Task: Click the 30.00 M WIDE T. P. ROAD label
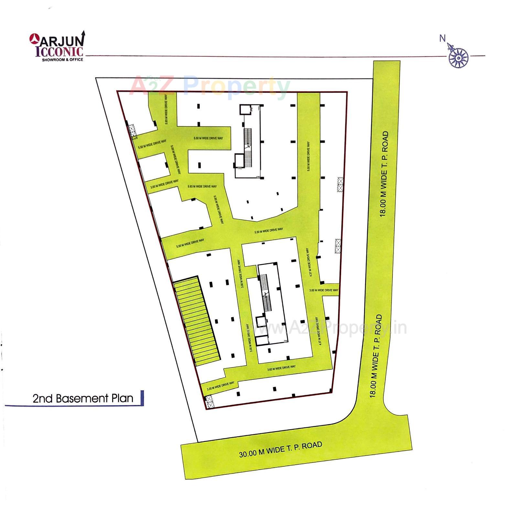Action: pyautogui.click(x=280, y=449)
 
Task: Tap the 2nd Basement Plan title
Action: pyautogui.click(x=83, y=398)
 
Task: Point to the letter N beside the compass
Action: pyautogui.click(x=442, y=38)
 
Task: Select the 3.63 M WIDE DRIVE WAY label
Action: pyautogui.click(x=281, y=368)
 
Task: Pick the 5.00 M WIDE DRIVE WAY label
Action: pyautogui.click(x=176, y=160)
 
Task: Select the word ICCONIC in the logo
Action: pyautogui.click(x=59, y=52)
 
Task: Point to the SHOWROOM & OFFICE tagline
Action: pyautogui.click(x=62, y=59)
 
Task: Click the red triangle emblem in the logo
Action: pyautogui.click(x=34, y=39)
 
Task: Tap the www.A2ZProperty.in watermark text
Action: pyautogui.click(x=327, y=328)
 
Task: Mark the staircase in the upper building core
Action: pyautogui.click(x=248, y=148)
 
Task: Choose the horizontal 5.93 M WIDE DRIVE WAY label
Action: pyautogui.click(x=202, y=186)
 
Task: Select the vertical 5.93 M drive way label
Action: pyautogui.click(x=166, y=109)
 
